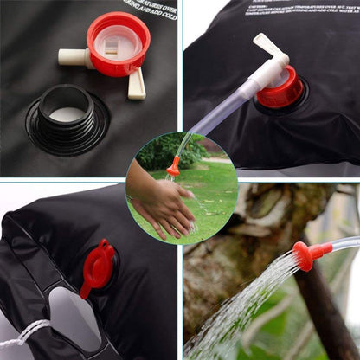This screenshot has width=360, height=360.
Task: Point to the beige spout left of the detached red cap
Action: coord(73,58)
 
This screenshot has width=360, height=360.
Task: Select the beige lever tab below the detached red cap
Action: coord(137,84)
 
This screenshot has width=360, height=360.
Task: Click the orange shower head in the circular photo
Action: coord(174,166)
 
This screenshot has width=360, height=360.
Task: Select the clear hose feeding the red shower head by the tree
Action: coord(344,245)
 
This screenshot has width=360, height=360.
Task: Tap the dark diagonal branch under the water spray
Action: coord(320,320)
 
